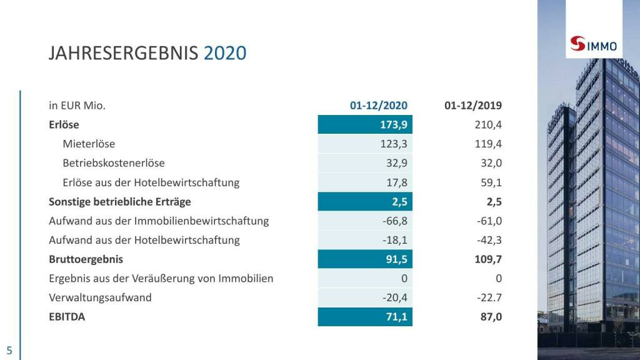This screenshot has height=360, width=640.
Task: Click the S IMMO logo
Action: pyautogui.click(x=594, y=46)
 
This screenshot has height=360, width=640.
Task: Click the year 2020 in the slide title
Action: pyautogui.click(x=225, y=53)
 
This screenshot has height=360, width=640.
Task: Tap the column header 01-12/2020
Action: pyautogui.click(x=379, y=105)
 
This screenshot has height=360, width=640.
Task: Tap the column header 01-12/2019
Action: pyautogui.click(x=473, y=105)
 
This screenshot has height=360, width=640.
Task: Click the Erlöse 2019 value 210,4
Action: pyautogui.click(x=488, y=124)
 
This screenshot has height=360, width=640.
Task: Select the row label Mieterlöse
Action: pyautogui.click(x=89, y=144)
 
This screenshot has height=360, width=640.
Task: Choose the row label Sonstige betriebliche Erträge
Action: pyautogui.click(x=120, y=202)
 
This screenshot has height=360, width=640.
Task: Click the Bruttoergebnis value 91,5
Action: pyautogui.click(x=396, y=259)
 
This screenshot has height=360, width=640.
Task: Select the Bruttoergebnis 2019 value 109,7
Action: pyautogui.click(x=488, y=259)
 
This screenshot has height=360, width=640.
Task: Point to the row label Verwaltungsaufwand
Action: pyautogui.click(x=100, y=297)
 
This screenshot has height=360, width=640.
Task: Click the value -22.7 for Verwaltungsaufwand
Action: pyautogui.click(x=489, y=297)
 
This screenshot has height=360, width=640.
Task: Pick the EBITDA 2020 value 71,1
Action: pyautogui.click(x=396, y=317)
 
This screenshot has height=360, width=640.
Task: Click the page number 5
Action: pyautogui.click(x=9, y=350)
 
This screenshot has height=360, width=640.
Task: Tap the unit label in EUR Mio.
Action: pyautogui.click(x=77, y=105)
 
